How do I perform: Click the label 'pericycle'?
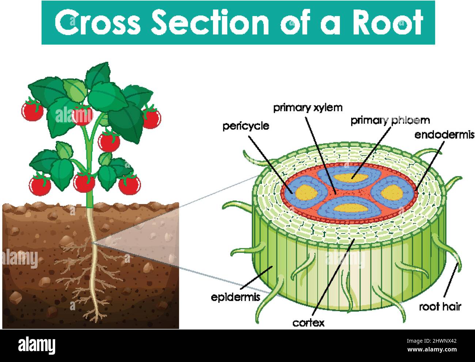(x=246, y=126)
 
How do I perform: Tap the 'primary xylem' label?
(x=308, y=108)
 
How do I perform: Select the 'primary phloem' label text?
(x=390, y=120)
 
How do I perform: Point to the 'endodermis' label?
(x=444, y=135)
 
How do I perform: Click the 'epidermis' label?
(x=235, y=297)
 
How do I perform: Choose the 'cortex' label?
(x=308, y=323)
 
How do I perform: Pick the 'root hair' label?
(x=440, y=307)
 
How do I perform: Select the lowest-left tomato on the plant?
(x=40, y=185)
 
